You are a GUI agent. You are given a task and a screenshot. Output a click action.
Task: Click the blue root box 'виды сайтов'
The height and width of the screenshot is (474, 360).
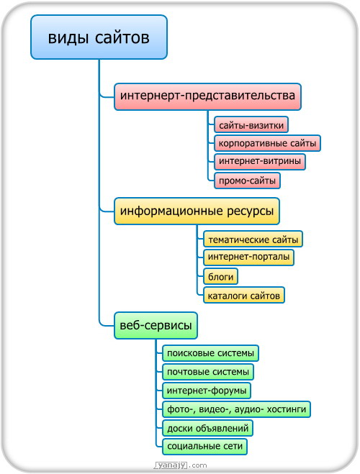(99, 37)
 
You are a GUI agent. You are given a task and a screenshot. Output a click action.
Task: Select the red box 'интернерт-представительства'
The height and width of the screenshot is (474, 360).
(207, 96)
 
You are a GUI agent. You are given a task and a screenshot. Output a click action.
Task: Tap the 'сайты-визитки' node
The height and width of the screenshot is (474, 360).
(251, 124)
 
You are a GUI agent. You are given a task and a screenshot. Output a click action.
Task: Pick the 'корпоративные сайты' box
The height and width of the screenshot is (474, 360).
(267, 143)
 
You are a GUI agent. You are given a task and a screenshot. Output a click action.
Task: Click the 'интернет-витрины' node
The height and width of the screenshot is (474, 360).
(260, 162)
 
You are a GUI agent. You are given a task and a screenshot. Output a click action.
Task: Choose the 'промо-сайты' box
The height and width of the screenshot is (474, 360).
(247, 181)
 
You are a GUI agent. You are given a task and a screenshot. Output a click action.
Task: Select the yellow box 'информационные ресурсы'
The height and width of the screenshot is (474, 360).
(197, 211)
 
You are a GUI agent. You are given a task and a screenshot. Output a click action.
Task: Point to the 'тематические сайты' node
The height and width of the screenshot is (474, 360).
(253, 239)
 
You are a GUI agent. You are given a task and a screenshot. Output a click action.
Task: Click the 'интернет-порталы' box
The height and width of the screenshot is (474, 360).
(248, 257)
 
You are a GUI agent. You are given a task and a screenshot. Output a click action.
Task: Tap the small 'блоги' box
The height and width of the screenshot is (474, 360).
(220, 276)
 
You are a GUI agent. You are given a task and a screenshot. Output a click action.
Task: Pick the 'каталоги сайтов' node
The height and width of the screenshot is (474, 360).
(244, 295)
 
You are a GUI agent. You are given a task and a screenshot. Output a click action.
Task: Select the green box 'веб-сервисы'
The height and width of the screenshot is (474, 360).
(156, 325)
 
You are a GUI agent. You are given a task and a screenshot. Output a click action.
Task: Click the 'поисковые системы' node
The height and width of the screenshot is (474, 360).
(210, 353)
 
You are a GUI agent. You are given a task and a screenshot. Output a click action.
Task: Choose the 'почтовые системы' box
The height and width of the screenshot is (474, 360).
(208, 372)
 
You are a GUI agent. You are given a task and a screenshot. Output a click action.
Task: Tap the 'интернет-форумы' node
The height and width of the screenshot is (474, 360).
(207, 391)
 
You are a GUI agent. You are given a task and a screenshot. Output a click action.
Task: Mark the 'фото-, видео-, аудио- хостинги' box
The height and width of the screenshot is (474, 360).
(237, 409)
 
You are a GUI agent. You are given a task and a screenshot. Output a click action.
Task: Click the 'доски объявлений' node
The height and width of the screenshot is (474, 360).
(207, 428)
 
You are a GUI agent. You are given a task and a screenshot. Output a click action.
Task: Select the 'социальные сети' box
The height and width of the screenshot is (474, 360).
(204, 447)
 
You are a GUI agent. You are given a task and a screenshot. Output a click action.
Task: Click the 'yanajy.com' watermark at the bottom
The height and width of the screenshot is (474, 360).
(181, 465)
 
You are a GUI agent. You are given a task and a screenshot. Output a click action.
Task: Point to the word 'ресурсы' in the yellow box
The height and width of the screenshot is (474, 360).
(250, 211)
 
